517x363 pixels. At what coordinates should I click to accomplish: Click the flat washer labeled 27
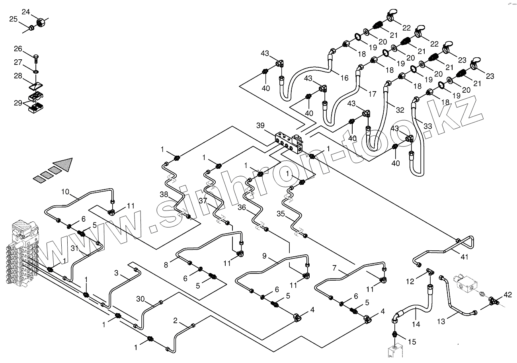tap(36, 71)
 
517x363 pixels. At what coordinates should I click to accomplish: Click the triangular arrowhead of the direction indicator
tap(64, 164)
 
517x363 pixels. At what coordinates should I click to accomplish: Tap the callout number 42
tap(507, 295)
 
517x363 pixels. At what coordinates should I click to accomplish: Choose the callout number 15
tap(412, 341)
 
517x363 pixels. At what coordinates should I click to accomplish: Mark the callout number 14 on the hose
tap(416, 324)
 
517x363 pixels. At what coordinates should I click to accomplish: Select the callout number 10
tap(65, 192)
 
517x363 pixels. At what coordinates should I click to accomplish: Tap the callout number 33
tap(427, 126)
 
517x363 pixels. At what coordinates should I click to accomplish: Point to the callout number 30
tap(140, 299)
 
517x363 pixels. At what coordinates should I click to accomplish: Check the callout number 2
tap(175, 320)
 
